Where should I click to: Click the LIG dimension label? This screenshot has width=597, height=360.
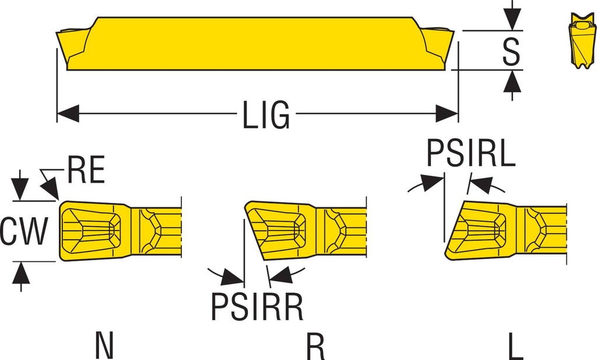pos(265,114)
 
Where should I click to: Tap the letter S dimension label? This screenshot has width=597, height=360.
pos(511,51)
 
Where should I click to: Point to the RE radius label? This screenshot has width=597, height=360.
pos(86,170)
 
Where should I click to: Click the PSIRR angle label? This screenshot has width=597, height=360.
pos(257,307)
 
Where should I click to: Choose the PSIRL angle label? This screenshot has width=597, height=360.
pos(471,153)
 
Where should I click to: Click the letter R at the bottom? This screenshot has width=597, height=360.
pos(315,346)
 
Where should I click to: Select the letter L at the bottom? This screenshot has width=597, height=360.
pos(515,346)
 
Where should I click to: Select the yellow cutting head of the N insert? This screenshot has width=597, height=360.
pos(93,230)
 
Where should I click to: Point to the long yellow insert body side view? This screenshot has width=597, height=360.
pos(257,44)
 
